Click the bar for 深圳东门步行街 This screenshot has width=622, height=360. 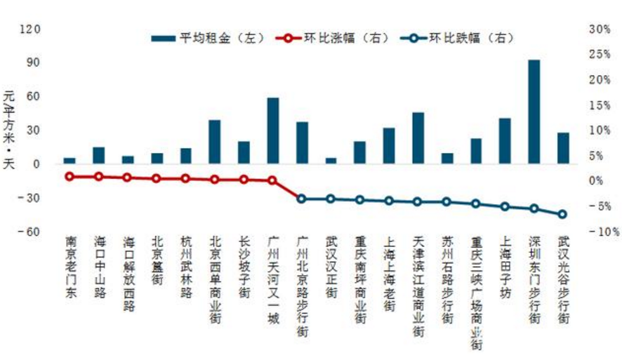pos(534,112)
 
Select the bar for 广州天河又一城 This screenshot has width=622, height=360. pos(273,131)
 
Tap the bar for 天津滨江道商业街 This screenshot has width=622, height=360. pos(418,138)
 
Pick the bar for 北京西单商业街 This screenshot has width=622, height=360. pos(215,142)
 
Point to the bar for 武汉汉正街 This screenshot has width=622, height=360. pos(331,161)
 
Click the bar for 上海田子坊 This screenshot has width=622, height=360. pos(505,141)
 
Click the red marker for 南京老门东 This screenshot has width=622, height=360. pos(70,176)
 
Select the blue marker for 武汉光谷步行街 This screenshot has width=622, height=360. pos(562,214)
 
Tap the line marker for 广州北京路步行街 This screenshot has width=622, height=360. pos(302,199)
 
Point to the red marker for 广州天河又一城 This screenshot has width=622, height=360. pos(272,180)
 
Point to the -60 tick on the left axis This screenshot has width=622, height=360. pos(32,232)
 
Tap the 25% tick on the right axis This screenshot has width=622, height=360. pos(599,55)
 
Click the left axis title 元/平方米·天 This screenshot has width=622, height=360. pos(9,131)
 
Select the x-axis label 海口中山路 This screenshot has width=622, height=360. pos(99,267)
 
